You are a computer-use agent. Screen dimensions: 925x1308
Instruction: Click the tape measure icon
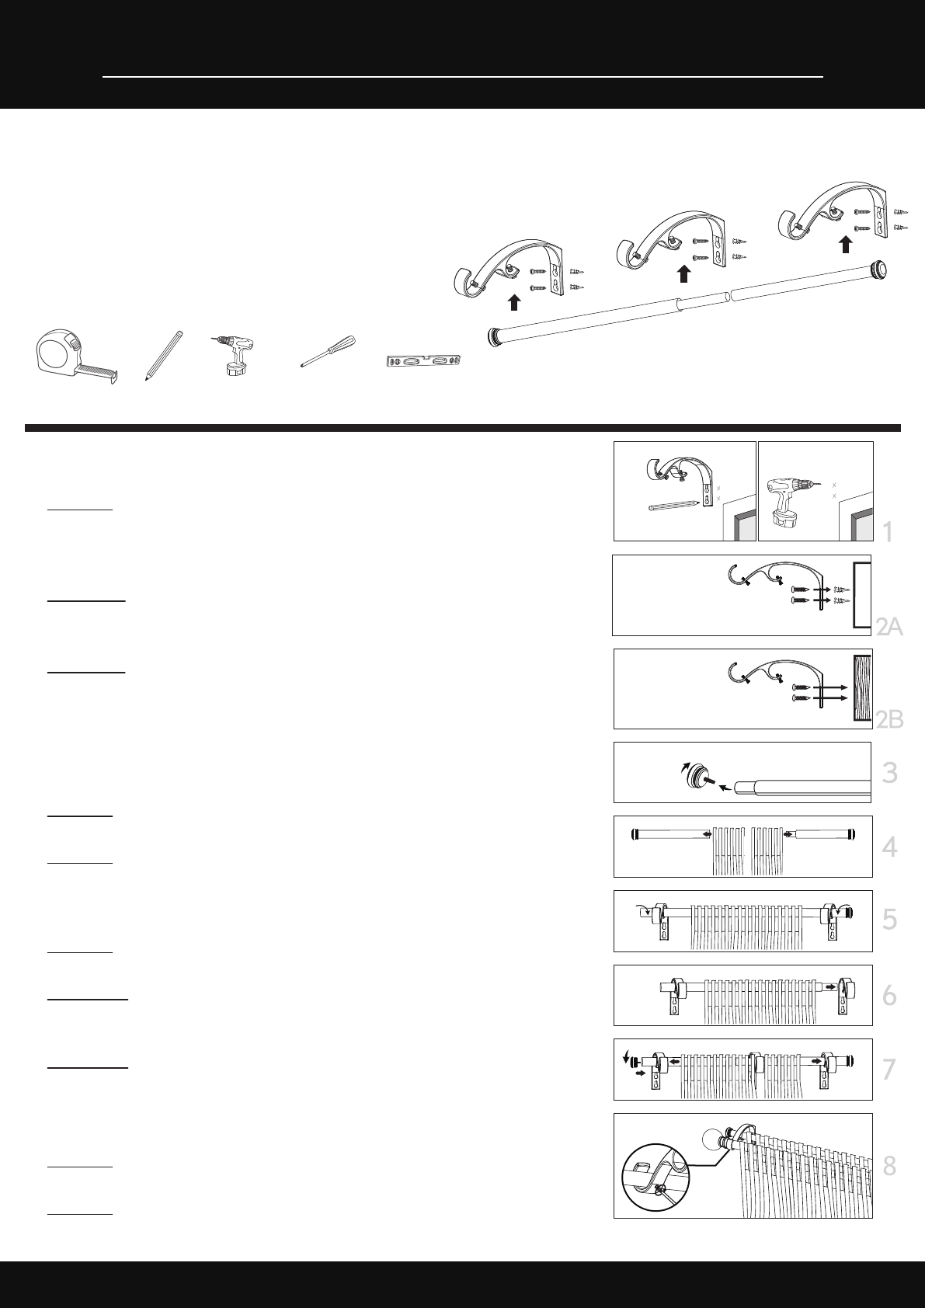[x=76, y=357]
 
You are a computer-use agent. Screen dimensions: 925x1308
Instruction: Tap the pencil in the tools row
[x=164, y=356]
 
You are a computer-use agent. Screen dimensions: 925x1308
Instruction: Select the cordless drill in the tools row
[x=235, y=355]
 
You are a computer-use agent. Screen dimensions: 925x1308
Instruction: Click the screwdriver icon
[x=329, y=351]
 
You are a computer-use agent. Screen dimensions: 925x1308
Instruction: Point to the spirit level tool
[x=425, y=361]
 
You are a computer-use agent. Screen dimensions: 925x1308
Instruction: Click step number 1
[x=888, y=533]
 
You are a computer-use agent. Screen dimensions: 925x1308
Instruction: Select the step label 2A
[x=889, y=627]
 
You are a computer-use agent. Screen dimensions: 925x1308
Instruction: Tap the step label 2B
[x=889, y=720]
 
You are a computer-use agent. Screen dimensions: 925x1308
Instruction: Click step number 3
[x=889, y=773]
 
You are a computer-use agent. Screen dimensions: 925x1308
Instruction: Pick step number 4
[x=889, y=847]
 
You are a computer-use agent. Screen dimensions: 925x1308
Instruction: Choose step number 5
[x=889, y=920]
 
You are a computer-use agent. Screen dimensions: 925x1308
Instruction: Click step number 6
[x=889, y=995]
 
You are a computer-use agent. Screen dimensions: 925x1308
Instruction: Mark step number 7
[x=889, y=1070]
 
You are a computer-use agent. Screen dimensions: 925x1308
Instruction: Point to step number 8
[x=889, y=1166]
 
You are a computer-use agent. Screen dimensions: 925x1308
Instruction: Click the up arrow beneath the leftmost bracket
[x=514, y=302]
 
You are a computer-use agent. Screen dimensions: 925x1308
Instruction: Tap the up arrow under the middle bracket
[x=683, y=274]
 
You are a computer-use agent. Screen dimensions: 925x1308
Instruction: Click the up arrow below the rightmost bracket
[x=846, y=244]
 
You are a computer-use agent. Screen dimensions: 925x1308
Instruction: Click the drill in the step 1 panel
[x=789, y=500]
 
